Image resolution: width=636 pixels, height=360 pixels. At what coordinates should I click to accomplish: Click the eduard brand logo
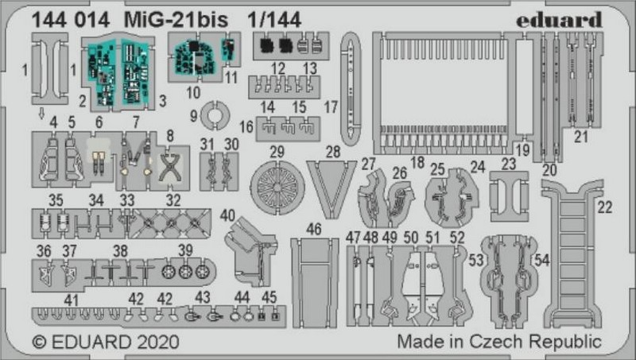(x=559, y=20)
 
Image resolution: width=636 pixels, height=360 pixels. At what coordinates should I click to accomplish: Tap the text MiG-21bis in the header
(x=176, y=19)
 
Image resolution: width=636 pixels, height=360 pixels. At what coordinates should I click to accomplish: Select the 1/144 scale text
(x=274, y=19)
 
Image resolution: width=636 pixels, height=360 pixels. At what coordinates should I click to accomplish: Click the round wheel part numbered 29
(x=277, y=187)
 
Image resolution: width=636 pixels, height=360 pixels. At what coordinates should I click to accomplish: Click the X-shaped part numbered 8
(x=169, y=168)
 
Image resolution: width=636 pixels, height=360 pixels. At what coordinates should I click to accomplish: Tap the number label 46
(x=313, y=230)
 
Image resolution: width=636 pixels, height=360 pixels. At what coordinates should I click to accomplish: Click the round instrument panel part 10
(x=195, y=57)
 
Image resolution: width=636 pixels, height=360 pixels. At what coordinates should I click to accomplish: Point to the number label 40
(x=227, y=215)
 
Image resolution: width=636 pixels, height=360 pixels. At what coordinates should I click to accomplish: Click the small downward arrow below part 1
(x=41, y=114)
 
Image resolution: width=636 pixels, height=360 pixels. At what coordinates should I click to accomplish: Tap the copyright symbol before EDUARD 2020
(x=39, y=342)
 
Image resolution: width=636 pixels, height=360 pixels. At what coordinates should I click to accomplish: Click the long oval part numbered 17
(x=351, y=89)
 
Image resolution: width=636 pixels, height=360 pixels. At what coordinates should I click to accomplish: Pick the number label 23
(x=508, y=164)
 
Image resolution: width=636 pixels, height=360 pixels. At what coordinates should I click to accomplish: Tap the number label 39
(x=185, y=250)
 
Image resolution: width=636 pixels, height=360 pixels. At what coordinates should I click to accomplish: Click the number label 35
(x=56, y=200)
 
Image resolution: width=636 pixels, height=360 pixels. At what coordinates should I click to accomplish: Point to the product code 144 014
(x=71, y=20)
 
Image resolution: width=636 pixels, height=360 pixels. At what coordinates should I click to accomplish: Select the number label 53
(x=476, y=261)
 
